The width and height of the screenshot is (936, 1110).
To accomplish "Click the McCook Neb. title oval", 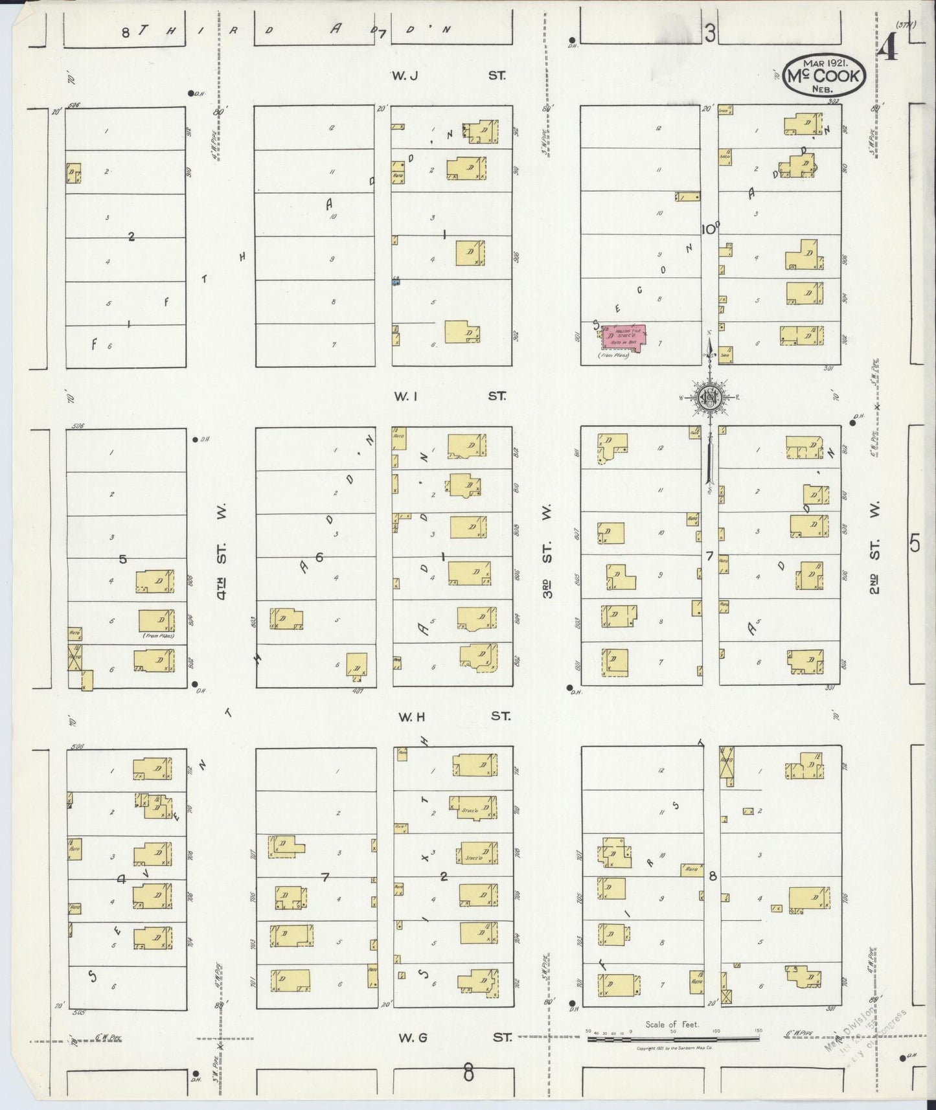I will (x=823, y=75).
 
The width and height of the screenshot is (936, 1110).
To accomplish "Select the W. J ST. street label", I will (x=448, y=76).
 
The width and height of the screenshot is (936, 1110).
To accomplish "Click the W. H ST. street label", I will (x=453, y=716).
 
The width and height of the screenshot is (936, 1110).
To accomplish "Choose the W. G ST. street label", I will (x=454, y=1037).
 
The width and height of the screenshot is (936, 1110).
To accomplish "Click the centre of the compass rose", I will (x=710, y=397).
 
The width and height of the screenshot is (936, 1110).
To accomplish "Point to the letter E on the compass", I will (x=737, y=397).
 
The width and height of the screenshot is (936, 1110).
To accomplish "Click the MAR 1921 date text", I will (x=823, y=62).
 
